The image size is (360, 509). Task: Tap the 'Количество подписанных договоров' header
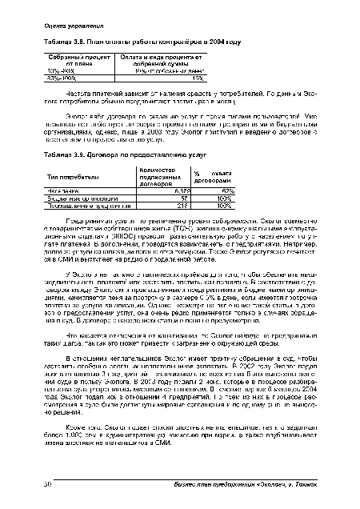click(x=150, y=174)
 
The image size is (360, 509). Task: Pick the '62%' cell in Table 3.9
click(x=227, y=190)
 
